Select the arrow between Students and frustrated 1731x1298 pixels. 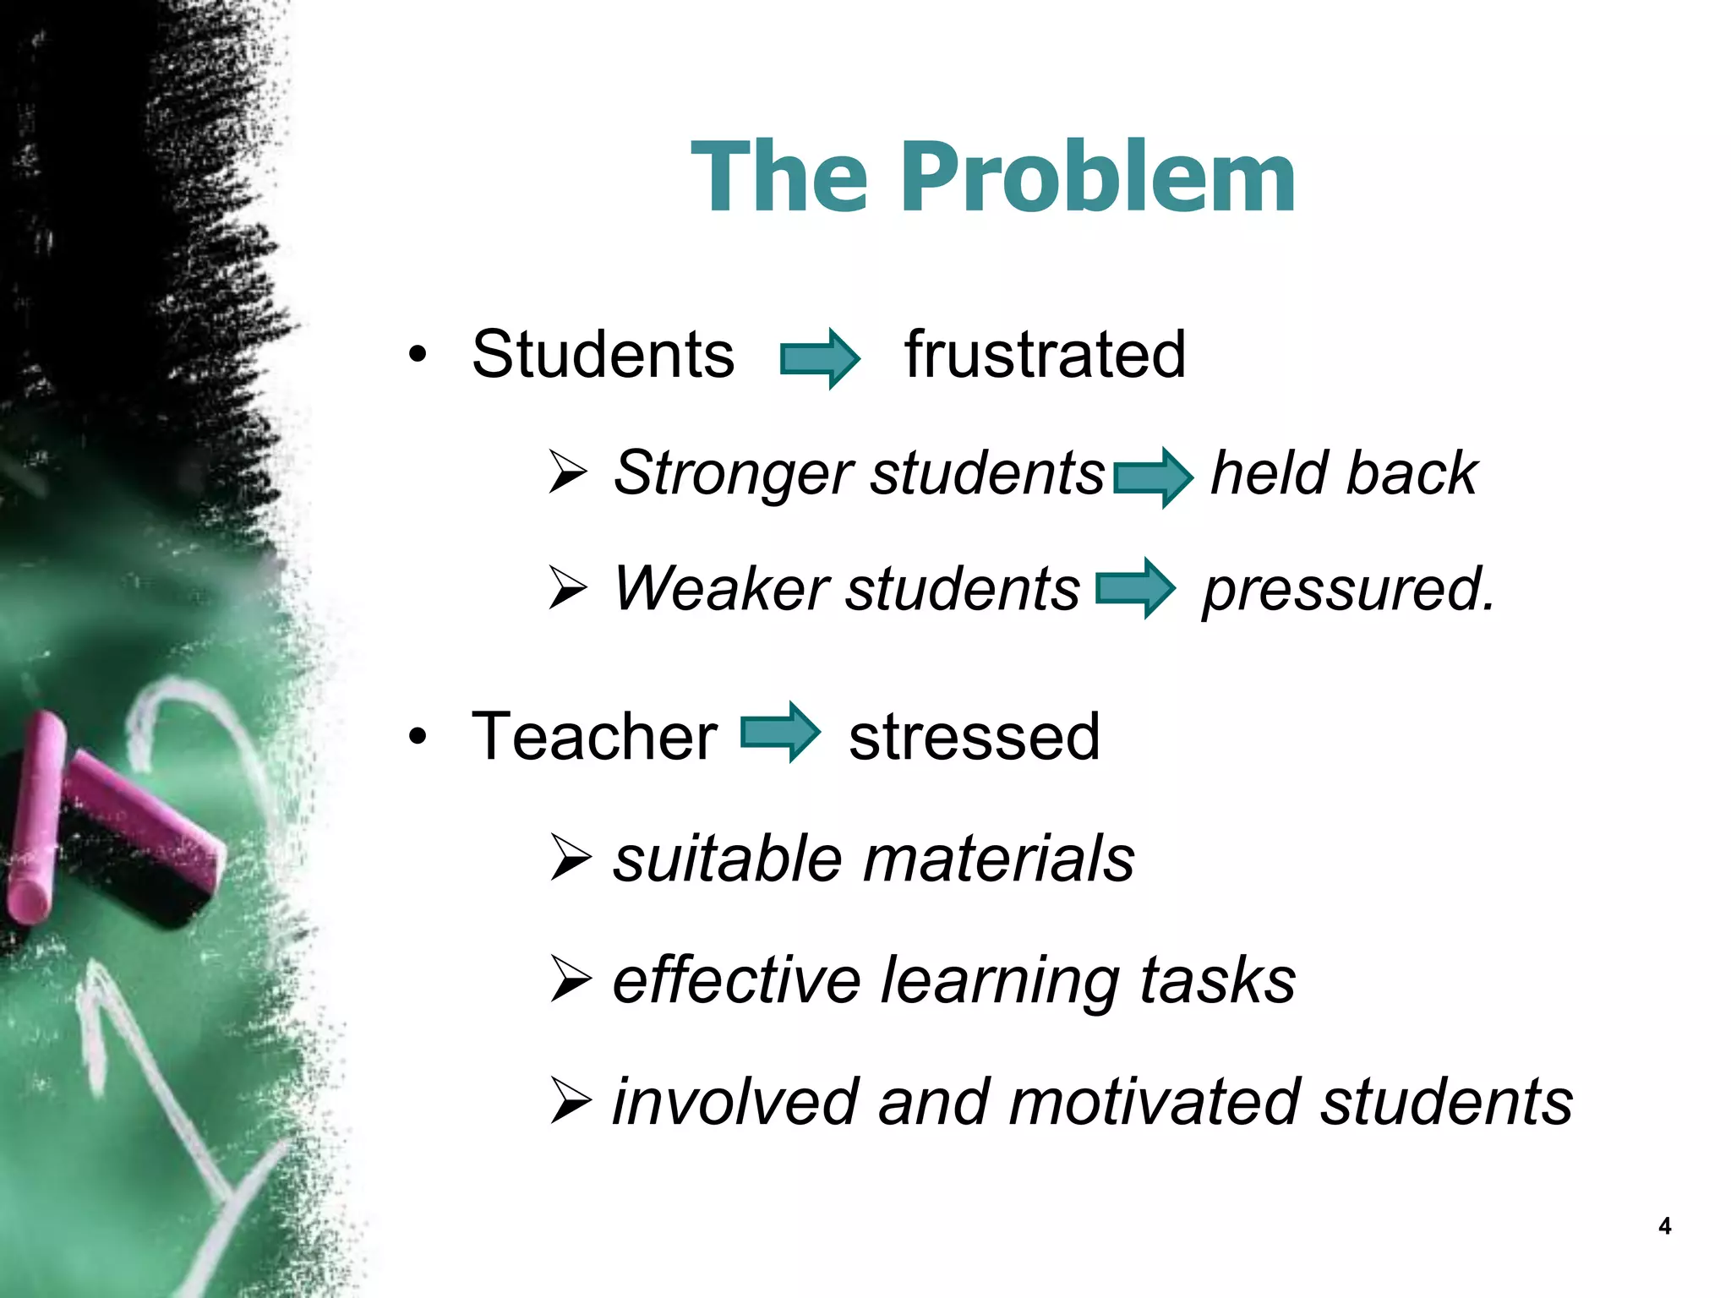pyautogui.click(x=819, y=358)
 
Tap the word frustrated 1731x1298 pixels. pyautogui.click(x=1045, y=355)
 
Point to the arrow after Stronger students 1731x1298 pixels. pyautogui.click(x=1153, y=477)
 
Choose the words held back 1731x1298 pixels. pyautogui.click(x=1344, y=473)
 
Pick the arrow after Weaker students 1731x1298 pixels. pyautogui.click(x=1135, y=588)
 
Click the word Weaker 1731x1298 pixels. pyautogui.click(x=719, y=589)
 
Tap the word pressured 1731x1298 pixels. pyautogui.click(x=1348, y=590)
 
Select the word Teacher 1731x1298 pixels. pyautogui.click(x=594, y=737)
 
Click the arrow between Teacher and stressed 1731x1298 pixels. pyautogui.click(x=780, y=733)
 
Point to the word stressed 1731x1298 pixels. pyautogui.click(x=974, y=737)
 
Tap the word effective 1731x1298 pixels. pyautogui.click(x=736, y=981)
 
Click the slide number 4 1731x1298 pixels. pyautogui.click(x=1664, y=1226)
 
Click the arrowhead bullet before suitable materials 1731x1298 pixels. pyautogui.click(x=571, y=858)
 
